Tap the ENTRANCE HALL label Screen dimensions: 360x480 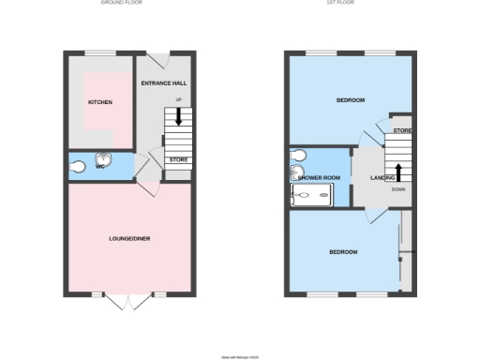click(x=164, y=83)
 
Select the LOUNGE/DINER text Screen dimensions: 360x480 click(x=129, y=238)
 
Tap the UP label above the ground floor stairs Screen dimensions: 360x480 click(x=178, y=98)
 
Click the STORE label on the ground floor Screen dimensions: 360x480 click(x=178, y=160)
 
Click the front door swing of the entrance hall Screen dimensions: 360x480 click(x=159, y=60)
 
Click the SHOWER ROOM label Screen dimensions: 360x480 click(x=318, y=177)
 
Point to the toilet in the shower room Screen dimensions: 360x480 click(x=298, y=154)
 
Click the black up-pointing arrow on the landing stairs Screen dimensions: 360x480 click(x=398, y=172)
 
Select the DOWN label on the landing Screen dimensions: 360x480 click(x=398, y=189)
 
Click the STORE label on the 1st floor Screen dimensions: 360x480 click(x=401, y=130)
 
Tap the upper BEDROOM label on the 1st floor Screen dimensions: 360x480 click(x=350, y=99)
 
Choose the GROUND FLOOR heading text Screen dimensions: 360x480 click(x=123, y=3)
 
